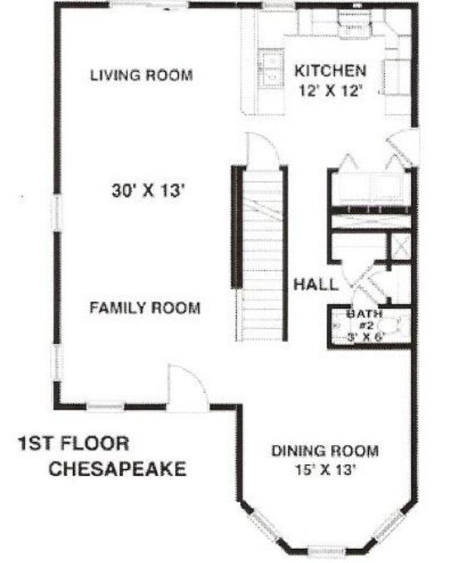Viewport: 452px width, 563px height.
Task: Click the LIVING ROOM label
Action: (x=141, y=75)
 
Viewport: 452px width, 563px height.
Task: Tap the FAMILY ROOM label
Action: (x=145, y=308)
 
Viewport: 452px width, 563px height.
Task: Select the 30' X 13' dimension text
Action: (x=148, y=190)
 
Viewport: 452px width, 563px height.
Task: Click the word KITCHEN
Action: (x=330, y=71)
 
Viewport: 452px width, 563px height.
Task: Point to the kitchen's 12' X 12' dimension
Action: (x=329, y=91)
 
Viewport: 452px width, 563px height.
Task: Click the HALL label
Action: (x=316, y=284)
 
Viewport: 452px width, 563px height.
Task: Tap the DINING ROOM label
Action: (x=325, y=451)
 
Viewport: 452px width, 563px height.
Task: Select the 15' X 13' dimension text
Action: (x=325, y=469)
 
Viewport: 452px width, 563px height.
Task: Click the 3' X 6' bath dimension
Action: (x=366, y=337)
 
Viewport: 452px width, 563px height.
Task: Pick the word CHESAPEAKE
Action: (x=117, y=468)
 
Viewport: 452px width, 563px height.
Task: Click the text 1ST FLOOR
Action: (x=74, y=443)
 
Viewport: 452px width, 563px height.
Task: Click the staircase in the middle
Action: (x=263, y=255)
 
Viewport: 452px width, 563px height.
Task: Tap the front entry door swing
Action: (x=188, y=388)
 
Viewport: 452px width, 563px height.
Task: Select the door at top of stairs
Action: (x=262, y=150)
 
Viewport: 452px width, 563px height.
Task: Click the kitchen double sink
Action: (x=271, y=68)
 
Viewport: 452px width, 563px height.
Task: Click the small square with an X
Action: (x=401, y=247)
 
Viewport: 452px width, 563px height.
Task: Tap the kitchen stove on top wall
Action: (x=354, y=24)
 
